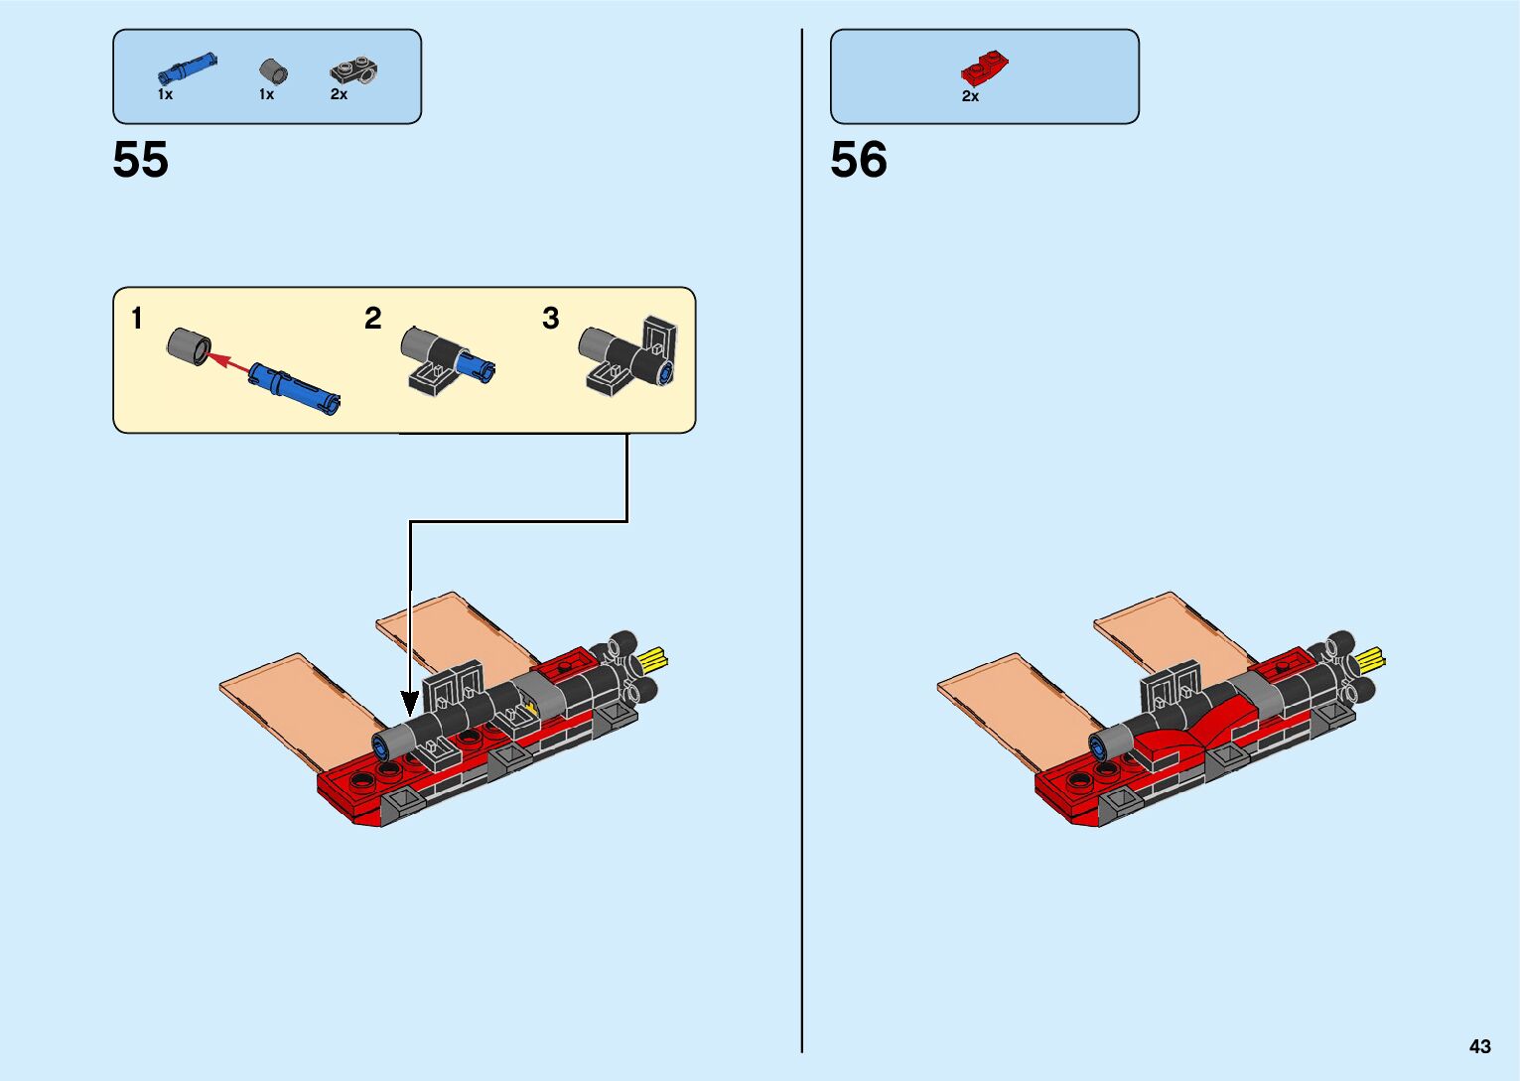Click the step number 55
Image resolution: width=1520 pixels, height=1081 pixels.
141,160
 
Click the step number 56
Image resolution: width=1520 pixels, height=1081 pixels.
859,160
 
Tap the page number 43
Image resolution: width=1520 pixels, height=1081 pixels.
1479,1046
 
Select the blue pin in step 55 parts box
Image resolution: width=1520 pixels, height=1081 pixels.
187,69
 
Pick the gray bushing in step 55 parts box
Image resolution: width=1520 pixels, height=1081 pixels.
273,71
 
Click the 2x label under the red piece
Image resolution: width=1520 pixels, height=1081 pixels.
970,96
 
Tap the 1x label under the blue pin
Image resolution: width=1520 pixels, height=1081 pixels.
165,94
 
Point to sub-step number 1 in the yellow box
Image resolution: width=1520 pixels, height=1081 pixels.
137,319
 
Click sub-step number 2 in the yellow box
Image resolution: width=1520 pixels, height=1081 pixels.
372,318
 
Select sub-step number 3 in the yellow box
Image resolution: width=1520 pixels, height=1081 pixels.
551,318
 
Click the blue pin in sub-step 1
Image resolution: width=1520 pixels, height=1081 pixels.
295,388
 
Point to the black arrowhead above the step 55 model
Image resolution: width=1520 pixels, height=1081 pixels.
410,703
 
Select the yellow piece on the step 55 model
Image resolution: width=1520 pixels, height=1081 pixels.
655,658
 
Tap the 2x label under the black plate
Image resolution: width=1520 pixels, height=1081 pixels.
339,94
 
